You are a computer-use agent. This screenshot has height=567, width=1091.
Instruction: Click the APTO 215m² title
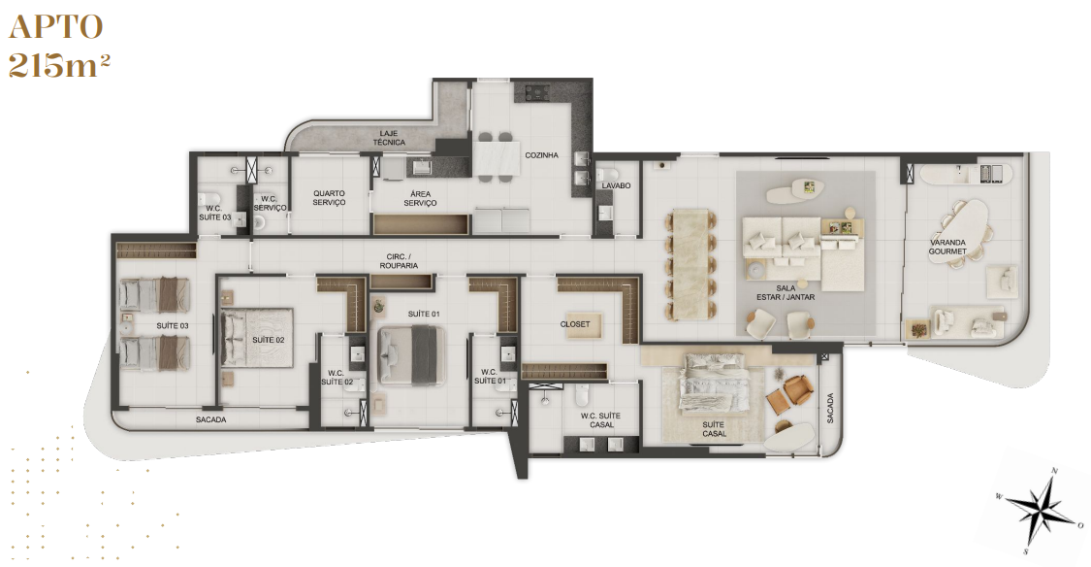[58, 46]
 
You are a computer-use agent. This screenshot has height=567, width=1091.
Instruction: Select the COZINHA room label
[541, 155]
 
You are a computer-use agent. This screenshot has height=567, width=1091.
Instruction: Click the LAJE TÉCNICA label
[389, 138]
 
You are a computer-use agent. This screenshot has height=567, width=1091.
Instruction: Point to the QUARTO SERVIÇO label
[329, 198]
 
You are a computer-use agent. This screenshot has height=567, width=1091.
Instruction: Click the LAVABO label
[617, 186]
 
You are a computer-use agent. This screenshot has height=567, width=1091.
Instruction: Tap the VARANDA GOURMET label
[947, 248]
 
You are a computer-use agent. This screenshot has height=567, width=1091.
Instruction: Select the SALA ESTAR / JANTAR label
[786, 292]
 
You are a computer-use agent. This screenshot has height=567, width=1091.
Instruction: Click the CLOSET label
[575, 324]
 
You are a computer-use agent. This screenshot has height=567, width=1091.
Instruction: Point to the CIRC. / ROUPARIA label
[399, 261]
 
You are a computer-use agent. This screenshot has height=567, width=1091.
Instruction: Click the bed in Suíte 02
[257, 337]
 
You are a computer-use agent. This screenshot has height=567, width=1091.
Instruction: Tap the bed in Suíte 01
[411, 355]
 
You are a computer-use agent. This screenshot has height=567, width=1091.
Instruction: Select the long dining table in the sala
[690, 265]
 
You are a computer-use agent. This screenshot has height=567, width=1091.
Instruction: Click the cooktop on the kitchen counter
[537, 91]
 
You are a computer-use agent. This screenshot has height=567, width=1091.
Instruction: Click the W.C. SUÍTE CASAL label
[600, 420]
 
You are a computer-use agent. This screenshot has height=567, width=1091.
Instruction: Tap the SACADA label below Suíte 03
[210, 420]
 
